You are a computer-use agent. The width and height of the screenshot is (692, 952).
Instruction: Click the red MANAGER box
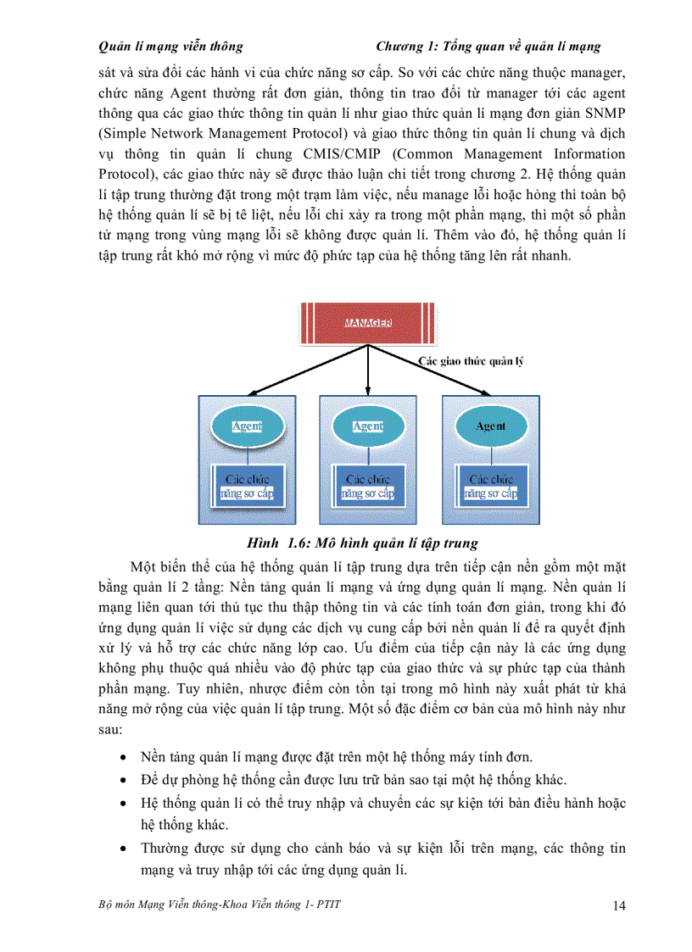tap(367, 323)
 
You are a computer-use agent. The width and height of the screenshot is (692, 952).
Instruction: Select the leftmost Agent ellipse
tap(247, 426)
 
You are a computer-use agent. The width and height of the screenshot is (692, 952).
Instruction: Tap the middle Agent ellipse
tap(367, 426)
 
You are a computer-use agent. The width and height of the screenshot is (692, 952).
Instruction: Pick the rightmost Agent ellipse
tap(490, 426)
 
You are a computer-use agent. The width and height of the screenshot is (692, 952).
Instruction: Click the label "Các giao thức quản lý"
tap(471, 361)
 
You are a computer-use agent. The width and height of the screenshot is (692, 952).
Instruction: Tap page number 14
tap(618, 906)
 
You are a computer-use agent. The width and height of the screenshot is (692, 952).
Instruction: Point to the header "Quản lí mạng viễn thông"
tap(170, 47)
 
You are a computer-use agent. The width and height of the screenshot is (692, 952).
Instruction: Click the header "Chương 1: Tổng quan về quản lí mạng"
tap(488, 47)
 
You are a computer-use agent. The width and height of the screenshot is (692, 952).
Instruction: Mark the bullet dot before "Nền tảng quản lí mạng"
tap(126, 758)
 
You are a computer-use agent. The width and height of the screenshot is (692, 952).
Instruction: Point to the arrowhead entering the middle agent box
tap(367, 391)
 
